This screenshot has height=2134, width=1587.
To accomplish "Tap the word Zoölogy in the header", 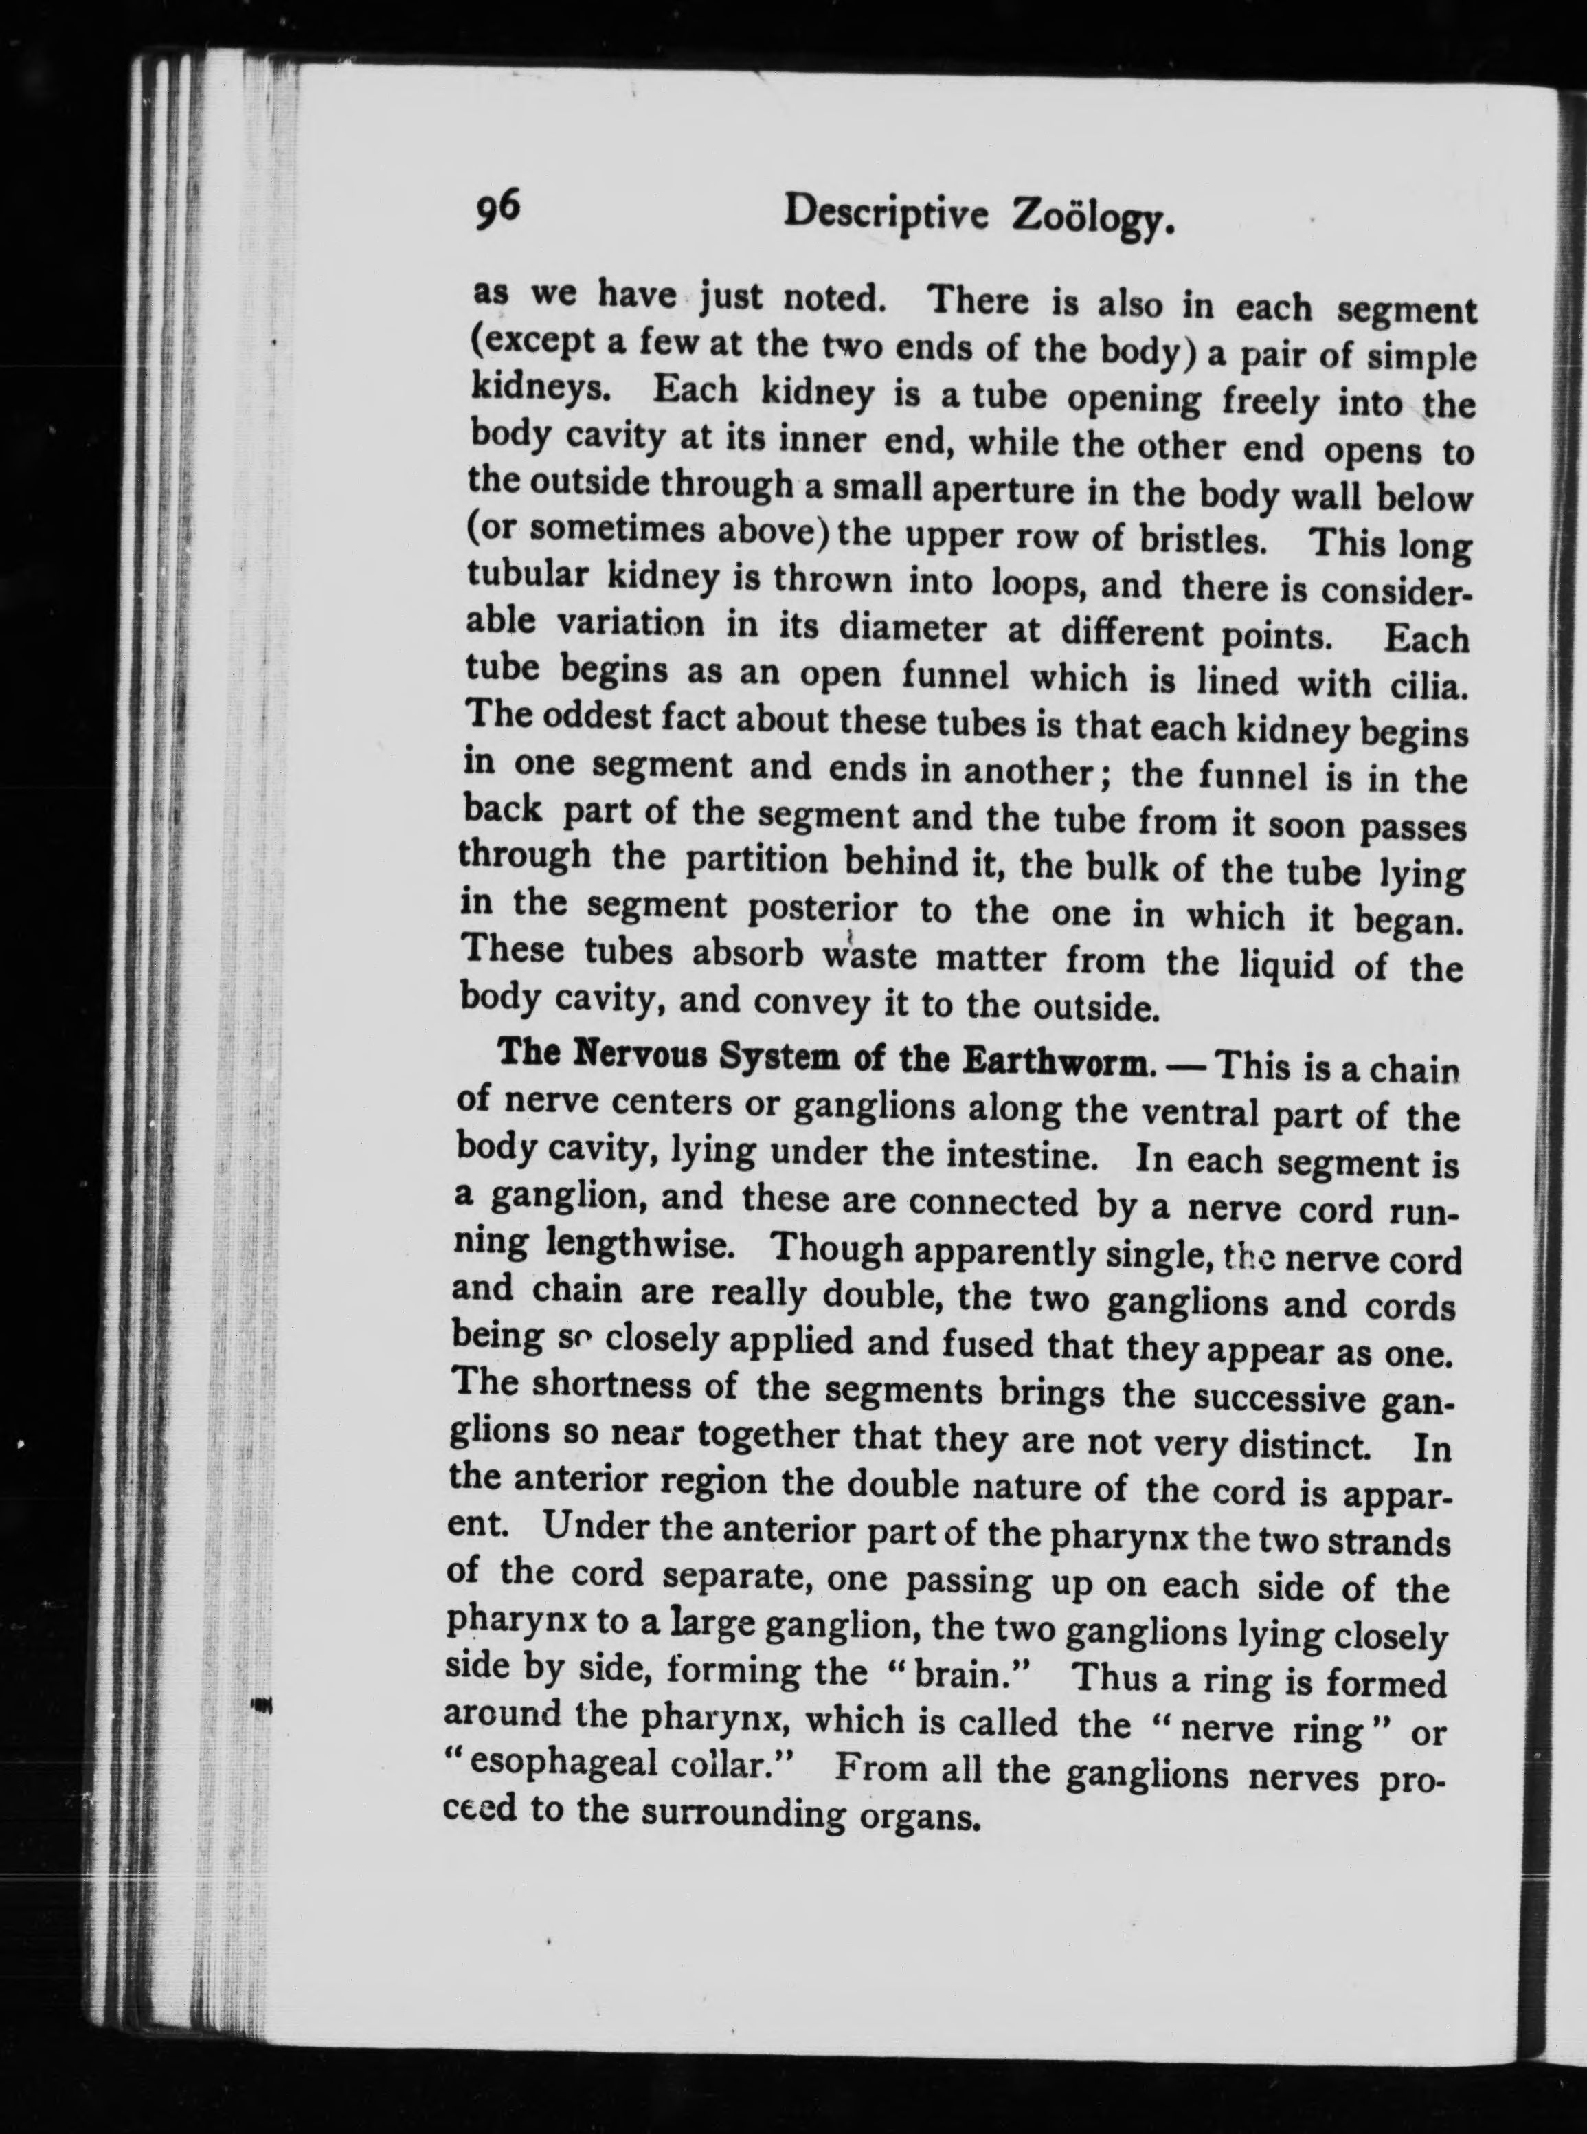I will point(1092,223).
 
